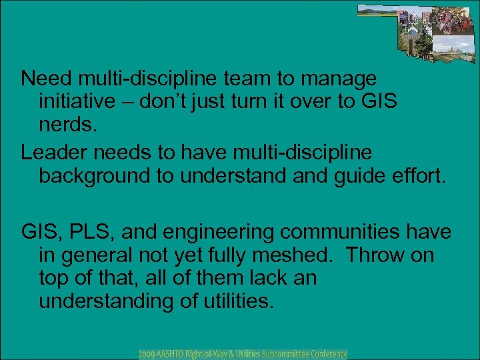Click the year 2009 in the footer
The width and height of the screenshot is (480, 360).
(x=147, y=353)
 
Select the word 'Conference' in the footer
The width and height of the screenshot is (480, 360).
(x=325, y=353)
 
